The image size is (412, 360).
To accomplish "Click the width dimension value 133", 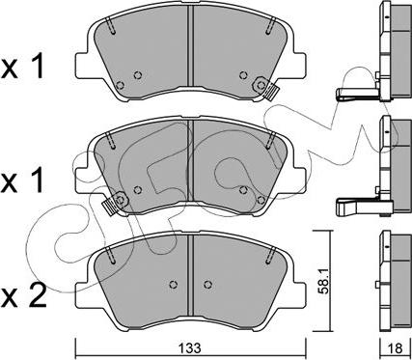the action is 191,347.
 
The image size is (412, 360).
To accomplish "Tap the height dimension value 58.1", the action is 324,282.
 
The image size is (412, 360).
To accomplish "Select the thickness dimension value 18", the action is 396,348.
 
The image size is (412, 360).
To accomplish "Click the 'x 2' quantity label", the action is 23,296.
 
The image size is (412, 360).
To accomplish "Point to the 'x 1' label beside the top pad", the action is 22,68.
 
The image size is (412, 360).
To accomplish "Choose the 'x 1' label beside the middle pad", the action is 22,181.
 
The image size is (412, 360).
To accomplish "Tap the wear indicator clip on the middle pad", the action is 116,203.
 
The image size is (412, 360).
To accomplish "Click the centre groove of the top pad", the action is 190,46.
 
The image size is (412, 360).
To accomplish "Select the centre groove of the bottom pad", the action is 190,275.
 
